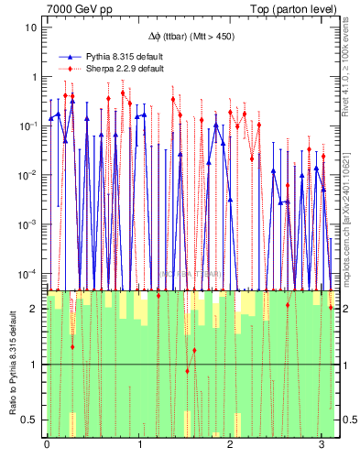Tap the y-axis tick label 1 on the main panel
tap(34, 77)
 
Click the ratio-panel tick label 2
tap(34, 310)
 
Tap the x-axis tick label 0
tap(48, 445)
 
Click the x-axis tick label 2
tap(230, 445)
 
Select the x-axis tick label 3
tap(322, 445)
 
